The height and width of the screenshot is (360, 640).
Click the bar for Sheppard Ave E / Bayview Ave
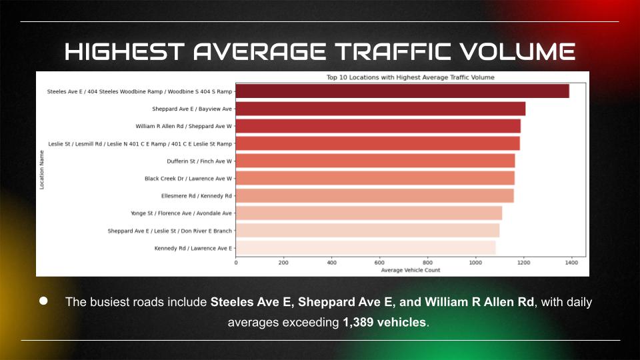pyautogui.click(x=381, y=109)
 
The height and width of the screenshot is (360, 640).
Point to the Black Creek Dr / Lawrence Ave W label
pyautogui.click(x=188, y=179)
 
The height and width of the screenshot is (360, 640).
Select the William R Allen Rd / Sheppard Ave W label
pyautogui.click(x=183, y=126)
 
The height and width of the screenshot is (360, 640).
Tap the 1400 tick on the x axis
pyautogui.click(x=571, y=263)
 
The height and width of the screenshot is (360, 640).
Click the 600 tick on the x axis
pyautogui.click(x=379, y=263)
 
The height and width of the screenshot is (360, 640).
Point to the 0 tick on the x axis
pyautogui.click(x=236, y=263)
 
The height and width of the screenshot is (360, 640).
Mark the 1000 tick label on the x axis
pyautogui.click(x=475, y=263)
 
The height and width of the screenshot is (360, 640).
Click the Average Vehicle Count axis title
pyautogui.click(x=410, y=270)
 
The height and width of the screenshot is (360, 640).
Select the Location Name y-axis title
pyautogui.click(x=42, y=169)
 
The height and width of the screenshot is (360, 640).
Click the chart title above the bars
pyautogui.click(x=410, y=77)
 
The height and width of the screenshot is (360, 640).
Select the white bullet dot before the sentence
pyautogui.click(x=44, y=301)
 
